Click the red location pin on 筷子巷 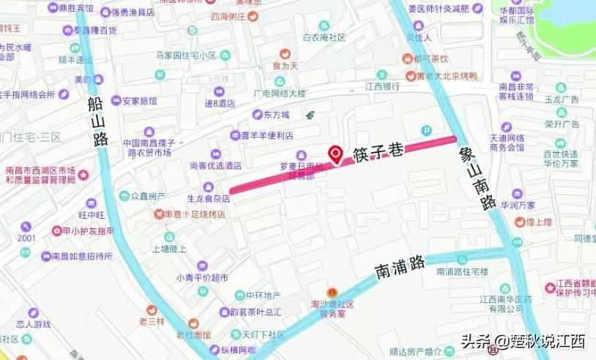tap(336, 154)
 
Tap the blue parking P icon tap(426, 130)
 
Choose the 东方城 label tap(277, 115)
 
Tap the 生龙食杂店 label tap(209, 198)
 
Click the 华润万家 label tap(518, 205)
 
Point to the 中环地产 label tap(263, 296)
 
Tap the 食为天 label tap(286, 66)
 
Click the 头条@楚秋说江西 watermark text tap(522, 341)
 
